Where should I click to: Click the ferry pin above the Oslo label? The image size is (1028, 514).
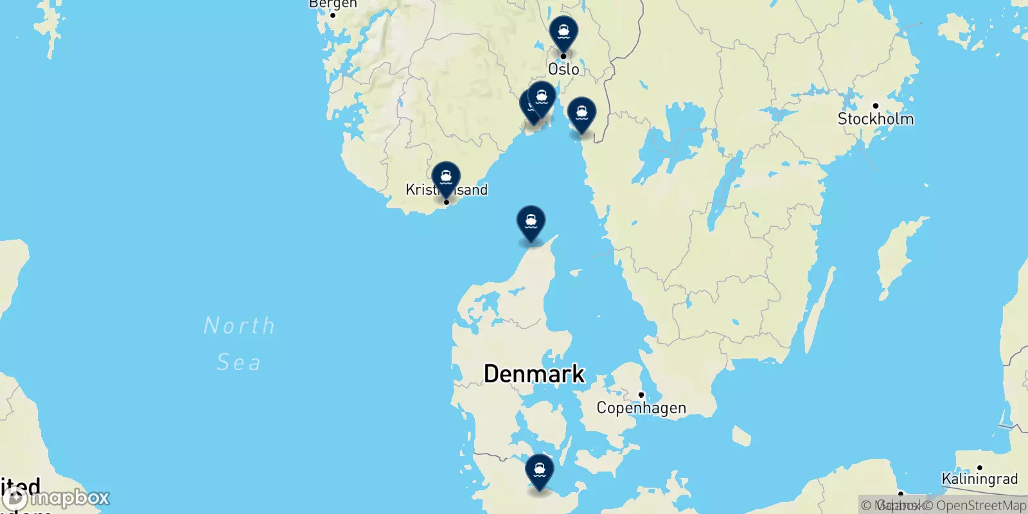click(x=563, y=33)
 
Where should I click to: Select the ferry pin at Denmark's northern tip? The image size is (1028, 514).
click(x=531, y=223)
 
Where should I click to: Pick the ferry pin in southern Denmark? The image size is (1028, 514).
click(x=539, y=472)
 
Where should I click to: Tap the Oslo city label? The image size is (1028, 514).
click(x=563, y=69)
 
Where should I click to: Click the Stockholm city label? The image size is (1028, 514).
click(x=875, y=119)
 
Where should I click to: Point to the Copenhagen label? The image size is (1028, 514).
click(x=641, y=408)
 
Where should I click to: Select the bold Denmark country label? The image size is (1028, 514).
click(x=534, y=373)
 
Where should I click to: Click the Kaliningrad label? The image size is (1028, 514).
click(x=979, y=479)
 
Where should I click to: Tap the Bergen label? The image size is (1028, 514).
click(x=333, y=4)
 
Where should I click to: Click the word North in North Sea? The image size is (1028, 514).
click(x=239, y=326)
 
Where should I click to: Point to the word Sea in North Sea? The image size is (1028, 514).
click(x=239, y=362)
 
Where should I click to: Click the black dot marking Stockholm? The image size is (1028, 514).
click(x=875, y=106)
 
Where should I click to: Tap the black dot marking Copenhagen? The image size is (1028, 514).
click(x=641, y=395)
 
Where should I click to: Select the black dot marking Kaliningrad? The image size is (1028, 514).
click(x=979, y=468)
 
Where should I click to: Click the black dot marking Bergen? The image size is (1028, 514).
click(x=333, y=15)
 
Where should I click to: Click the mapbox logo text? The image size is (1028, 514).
click(x=69, y=498)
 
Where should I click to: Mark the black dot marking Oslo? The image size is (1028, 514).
click(x=563, y=57)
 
